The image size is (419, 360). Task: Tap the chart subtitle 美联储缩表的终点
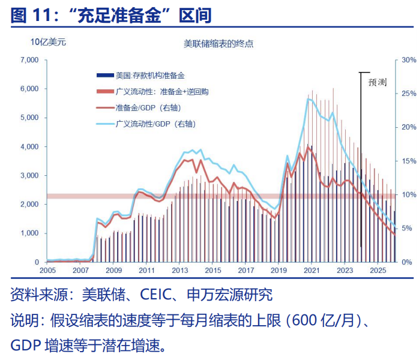coord(219,43)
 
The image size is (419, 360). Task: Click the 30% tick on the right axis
coord(409,60)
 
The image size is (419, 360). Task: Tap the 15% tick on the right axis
coord(409,161)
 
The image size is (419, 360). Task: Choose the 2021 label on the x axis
coord(312,271)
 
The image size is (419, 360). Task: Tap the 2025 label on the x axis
coord(377,271)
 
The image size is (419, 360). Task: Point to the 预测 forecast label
coord(377,82)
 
